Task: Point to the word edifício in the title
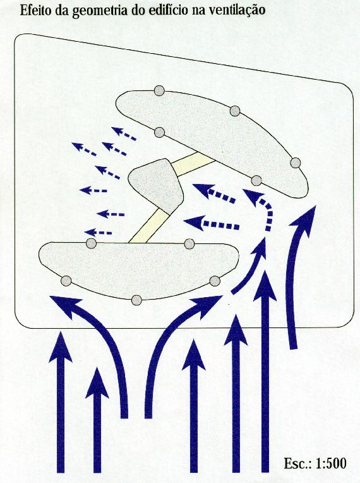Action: (x=171, y=10)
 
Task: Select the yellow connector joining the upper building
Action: (x=193, y=164)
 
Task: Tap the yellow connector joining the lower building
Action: (x=145, y=226)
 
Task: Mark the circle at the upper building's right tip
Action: (x=296, y=162)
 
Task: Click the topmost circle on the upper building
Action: (x=159, y=91)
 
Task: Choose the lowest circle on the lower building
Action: (x=136, y=300)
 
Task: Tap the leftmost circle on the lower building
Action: (x=66, y=281)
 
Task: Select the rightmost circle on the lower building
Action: (x=215, y=281)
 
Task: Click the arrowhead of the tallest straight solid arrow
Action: (x=265, y=286)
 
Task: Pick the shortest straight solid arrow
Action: (x=97, y=420)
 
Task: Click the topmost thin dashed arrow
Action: (x=124, y=133)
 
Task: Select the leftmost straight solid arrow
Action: (x=61, y=402)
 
